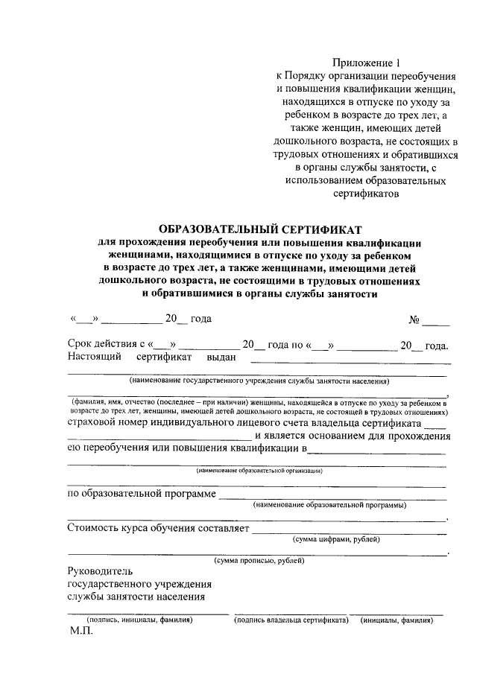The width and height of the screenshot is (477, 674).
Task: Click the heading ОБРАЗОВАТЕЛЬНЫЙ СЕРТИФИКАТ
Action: (x=259, y=229)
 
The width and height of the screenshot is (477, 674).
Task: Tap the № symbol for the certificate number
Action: (x=414, y=320)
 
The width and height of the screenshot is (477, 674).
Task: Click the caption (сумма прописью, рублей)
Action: (x=259, y=560)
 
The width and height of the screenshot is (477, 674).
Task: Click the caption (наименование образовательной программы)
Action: (x=329, y=505)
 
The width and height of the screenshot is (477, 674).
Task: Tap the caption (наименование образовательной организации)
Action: (x=259, y=471)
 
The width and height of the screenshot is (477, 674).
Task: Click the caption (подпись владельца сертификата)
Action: (x=291, y=620)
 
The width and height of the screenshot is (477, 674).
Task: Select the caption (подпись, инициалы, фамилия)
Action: (x=140, y=620)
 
